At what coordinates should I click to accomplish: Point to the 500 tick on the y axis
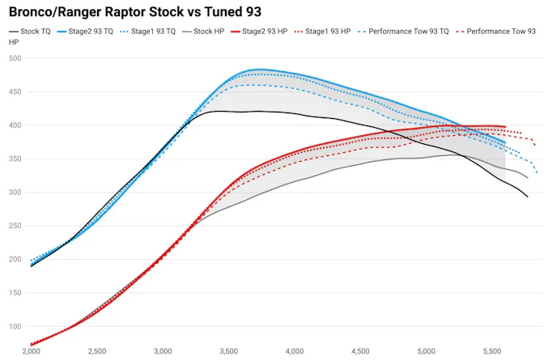pyautogui.click(x=15, y=58)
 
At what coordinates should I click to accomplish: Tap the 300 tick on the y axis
pyautogui.click(x=15, y=193)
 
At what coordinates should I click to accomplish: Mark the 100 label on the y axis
pyautogui.click(x=15, y=326)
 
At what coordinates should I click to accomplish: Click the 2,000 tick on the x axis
pyautogui.click(x=31, y=352)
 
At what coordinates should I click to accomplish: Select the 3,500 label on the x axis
pyautogui.click(x=229, y=352)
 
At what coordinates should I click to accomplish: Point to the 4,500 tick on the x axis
pyautogui.click(x=360, y=352)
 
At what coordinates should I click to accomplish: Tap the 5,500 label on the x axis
pyautogui.click(x=492, y=352)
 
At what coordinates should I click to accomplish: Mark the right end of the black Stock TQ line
pyautogui.click(x=528, y=197)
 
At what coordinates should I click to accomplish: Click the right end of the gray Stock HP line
pyautogui.click(x=528, y=178)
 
